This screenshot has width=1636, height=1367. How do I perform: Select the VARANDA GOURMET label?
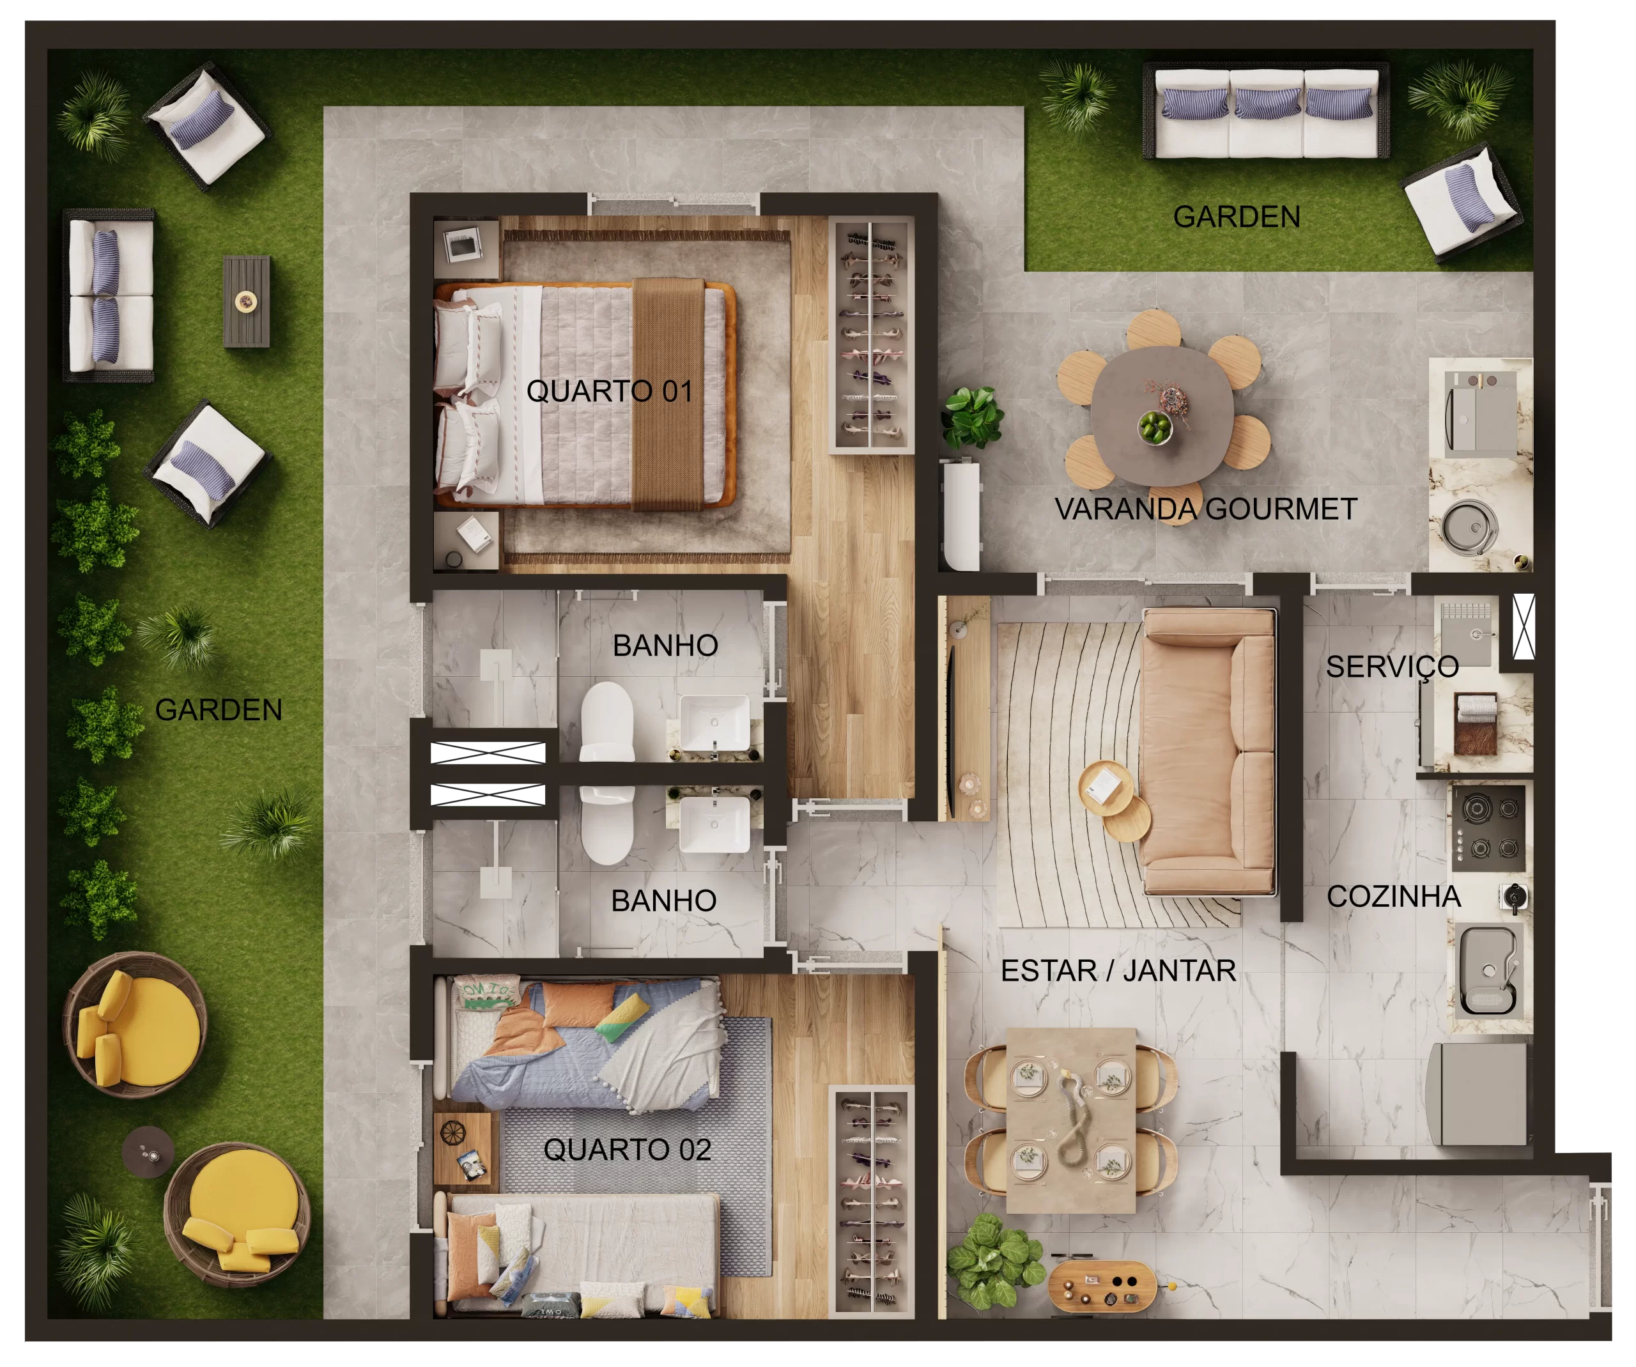(x=1205, y=509)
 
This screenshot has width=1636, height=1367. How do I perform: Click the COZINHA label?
(x=1394, y=896)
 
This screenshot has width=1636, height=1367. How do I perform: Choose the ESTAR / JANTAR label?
(x=1118, y=971)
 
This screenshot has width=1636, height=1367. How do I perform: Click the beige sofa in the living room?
(x=1208, y=752)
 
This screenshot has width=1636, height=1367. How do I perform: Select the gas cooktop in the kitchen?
(x=1487, y=828)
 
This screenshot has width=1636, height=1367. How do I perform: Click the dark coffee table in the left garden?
(x=247, y=302)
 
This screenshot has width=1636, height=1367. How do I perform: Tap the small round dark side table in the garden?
(x=148, y=1151)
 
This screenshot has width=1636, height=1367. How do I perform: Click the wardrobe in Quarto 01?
(x=871, y=335)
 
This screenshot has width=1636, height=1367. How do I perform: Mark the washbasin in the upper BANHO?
(x=714, y=723)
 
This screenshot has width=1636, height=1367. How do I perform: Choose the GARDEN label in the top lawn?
(x=1237, y=217)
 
